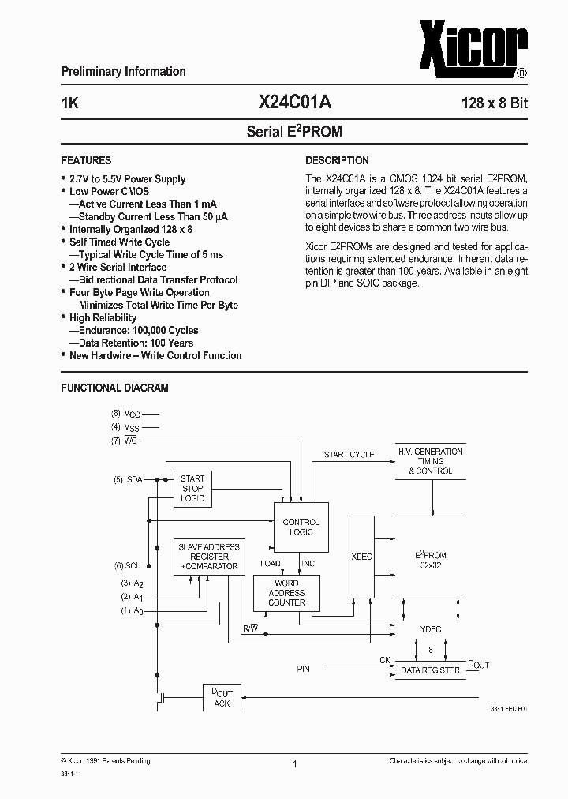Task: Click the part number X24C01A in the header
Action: tap(293, 102)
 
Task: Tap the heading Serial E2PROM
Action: tap(294, 132)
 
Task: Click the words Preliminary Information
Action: tap(124, 71)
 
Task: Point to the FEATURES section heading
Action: tap(86, 160)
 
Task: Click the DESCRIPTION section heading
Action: tap(337, 160)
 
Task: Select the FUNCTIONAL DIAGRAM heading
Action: tap(115, 388)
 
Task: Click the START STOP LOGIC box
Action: tap(192, 489)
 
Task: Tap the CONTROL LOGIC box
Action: tap(301, 527)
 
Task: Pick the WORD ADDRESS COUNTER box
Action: tap(286, 592)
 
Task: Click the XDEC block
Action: tap(361, 557)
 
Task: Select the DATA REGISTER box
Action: tap(430, 670)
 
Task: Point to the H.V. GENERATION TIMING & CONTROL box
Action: tap(431, 461)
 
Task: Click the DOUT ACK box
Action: tap(222, 698)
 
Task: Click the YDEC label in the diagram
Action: tap(431, 629)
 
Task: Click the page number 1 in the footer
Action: tap(294, 764)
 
